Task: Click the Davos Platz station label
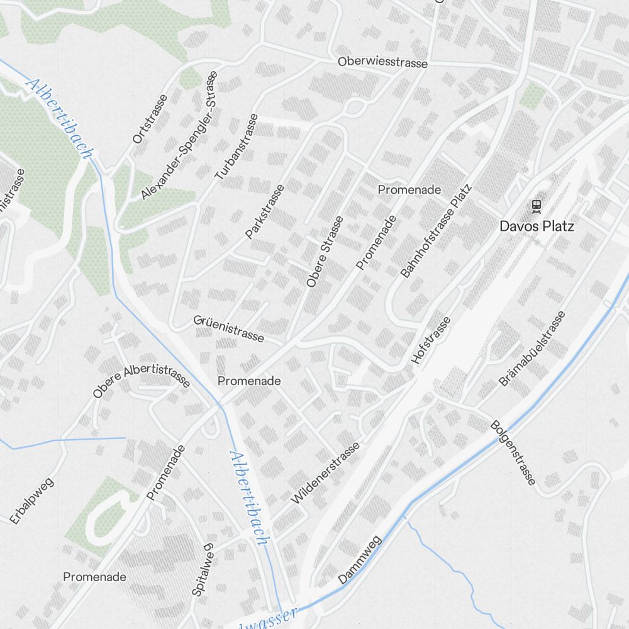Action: (x=537, y=226)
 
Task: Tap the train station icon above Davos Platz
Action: (x=537, y=205)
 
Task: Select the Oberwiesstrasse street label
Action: (x=382, y=63)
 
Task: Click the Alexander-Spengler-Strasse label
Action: (x=179, y=135)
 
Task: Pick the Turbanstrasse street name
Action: (x=237, y=147)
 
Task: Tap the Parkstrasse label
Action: (x=265, y=211)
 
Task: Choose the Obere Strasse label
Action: (x=325, y=252)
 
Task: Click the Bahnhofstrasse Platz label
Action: (x=436, y=231)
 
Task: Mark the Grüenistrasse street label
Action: (x=228, y=329)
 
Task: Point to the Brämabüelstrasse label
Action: (x=532, y=348)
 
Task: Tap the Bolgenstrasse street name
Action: (x=513, y=453)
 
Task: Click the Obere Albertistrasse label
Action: (x=141, y=382)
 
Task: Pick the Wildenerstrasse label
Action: (x=326, y=473)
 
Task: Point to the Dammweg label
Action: (x=360, y=560)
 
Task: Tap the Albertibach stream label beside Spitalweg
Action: (x=250, y=497)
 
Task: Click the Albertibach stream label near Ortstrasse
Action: (x=60, y=119)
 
